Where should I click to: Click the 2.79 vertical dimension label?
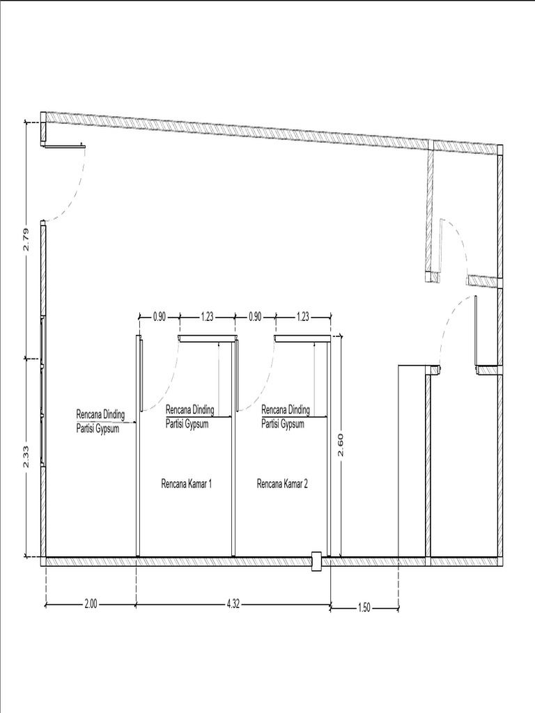26,240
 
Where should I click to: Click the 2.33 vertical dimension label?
26,456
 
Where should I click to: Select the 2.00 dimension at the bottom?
91,604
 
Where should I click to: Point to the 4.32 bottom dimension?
233,604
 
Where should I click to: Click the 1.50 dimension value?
364,607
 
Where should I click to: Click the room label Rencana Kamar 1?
187,483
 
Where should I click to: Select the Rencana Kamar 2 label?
283,483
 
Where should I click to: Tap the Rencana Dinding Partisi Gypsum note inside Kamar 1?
189,416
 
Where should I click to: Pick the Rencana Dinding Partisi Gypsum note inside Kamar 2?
285,416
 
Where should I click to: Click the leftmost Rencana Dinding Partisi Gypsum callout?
100,421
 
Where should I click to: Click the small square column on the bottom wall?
316,562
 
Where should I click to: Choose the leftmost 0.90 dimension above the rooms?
160,317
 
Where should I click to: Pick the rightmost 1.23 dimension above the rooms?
302,317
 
